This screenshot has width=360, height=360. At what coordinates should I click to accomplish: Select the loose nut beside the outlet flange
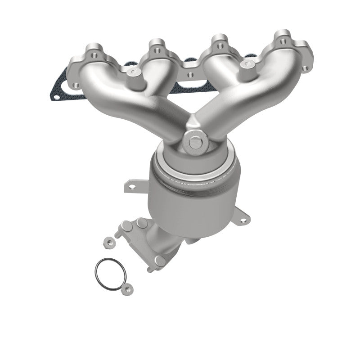coord(108,242)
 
